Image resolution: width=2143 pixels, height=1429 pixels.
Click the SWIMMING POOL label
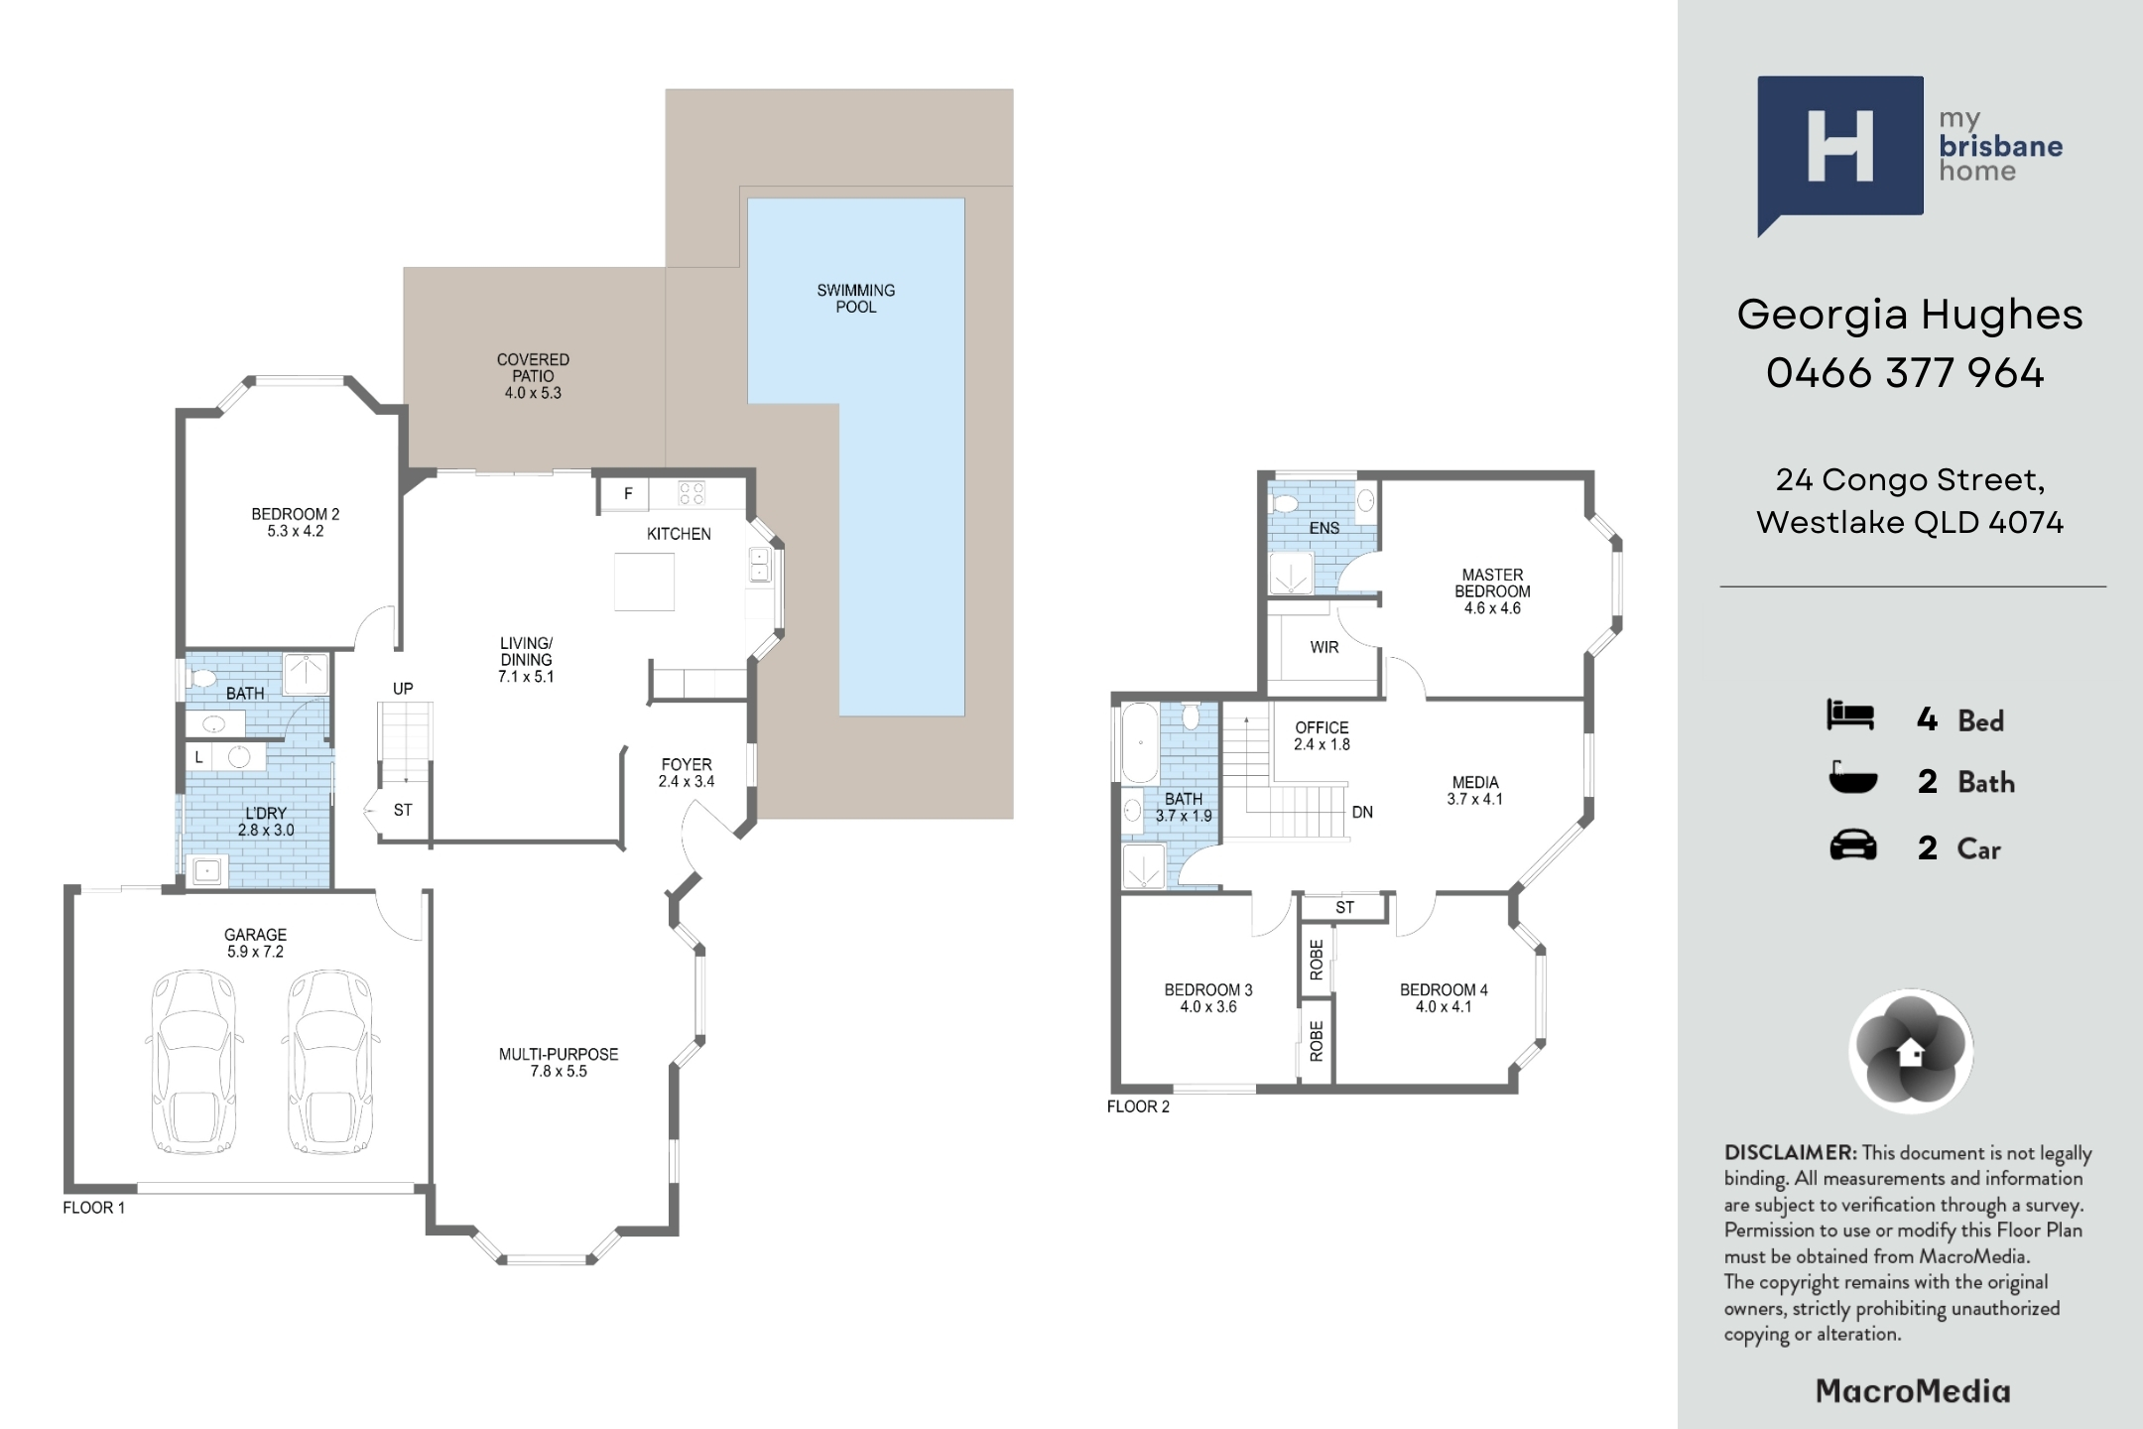pos(855,299)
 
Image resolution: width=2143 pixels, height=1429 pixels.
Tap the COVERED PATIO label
pos(533,376)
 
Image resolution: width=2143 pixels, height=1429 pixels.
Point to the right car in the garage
pos(329,1061)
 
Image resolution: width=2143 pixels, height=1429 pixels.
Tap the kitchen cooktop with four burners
pos(692,492)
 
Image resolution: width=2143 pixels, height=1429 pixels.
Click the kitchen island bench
pos(644,582)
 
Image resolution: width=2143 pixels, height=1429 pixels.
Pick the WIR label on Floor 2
pos(1324,647)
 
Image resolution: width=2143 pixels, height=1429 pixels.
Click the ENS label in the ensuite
pos(1324,528)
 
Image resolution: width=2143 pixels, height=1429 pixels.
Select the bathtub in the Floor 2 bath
pos(1139,743)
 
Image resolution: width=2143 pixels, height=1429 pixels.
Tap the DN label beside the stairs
pos(1362,812)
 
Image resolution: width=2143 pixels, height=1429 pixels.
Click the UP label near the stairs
pos(403,689)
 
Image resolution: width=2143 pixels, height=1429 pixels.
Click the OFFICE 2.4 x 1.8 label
pos(1322,735)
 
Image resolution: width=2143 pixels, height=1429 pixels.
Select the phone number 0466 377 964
pos(1905,373)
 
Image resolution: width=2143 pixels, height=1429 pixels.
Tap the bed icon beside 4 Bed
pos(1850,715)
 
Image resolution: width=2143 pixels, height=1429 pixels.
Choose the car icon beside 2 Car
pos(1852,846)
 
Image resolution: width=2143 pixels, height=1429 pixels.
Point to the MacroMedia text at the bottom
pos(1913,1391)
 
